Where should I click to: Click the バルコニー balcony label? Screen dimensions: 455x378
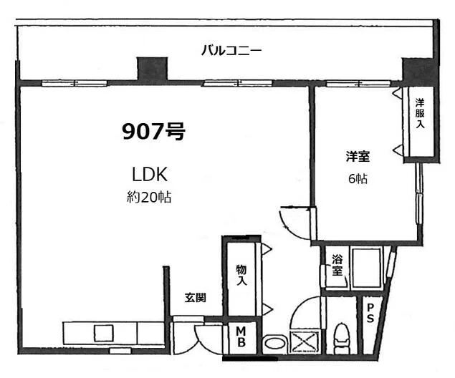pyautogui.click(x=231, y=51)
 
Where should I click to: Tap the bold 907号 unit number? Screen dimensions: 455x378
pyautogui.click(x=153, y=131)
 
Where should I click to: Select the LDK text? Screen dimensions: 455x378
pyautogui.click(x=150, y=175)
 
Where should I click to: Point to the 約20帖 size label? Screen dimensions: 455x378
pyautogui.click(x=149, y=197)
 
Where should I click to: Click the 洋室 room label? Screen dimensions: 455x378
pyautogui.click(x=358, y=157)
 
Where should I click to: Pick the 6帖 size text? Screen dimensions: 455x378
pyautogui.click(x=358, y=178)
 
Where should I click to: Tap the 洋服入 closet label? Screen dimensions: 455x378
pyautogui.click(x=420, y=113)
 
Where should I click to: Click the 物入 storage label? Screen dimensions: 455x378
pyautogui.click(x=241, y=274)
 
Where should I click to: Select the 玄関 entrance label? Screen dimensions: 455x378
pyautogui.click(x=196, y=298)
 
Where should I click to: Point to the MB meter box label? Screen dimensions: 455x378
pyautogui.click(x=241, y=337)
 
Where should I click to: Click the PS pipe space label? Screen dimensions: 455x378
pyautogui.click(x=370, y=313)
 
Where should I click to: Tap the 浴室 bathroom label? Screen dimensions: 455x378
pyautogui.click(x=337, y=265)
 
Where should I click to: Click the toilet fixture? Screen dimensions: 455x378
pyautogui.click(x=341, y=339)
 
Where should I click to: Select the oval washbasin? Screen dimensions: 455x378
pyautogui.click(x=275, y=344)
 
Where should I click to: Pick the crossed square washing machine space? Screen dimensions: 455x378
pyautogui.click(x=305, y=341)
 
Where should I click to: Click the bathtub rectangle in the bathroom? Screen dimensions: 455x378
pyautogui.click(x=366, y=268)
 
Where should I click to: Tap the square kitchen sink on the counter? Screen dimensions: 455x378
pyautogui.click(x=104, y=333)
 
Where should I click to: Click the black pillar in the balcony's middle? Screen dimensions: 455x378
pyautogui.click(x=153, y=69)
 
